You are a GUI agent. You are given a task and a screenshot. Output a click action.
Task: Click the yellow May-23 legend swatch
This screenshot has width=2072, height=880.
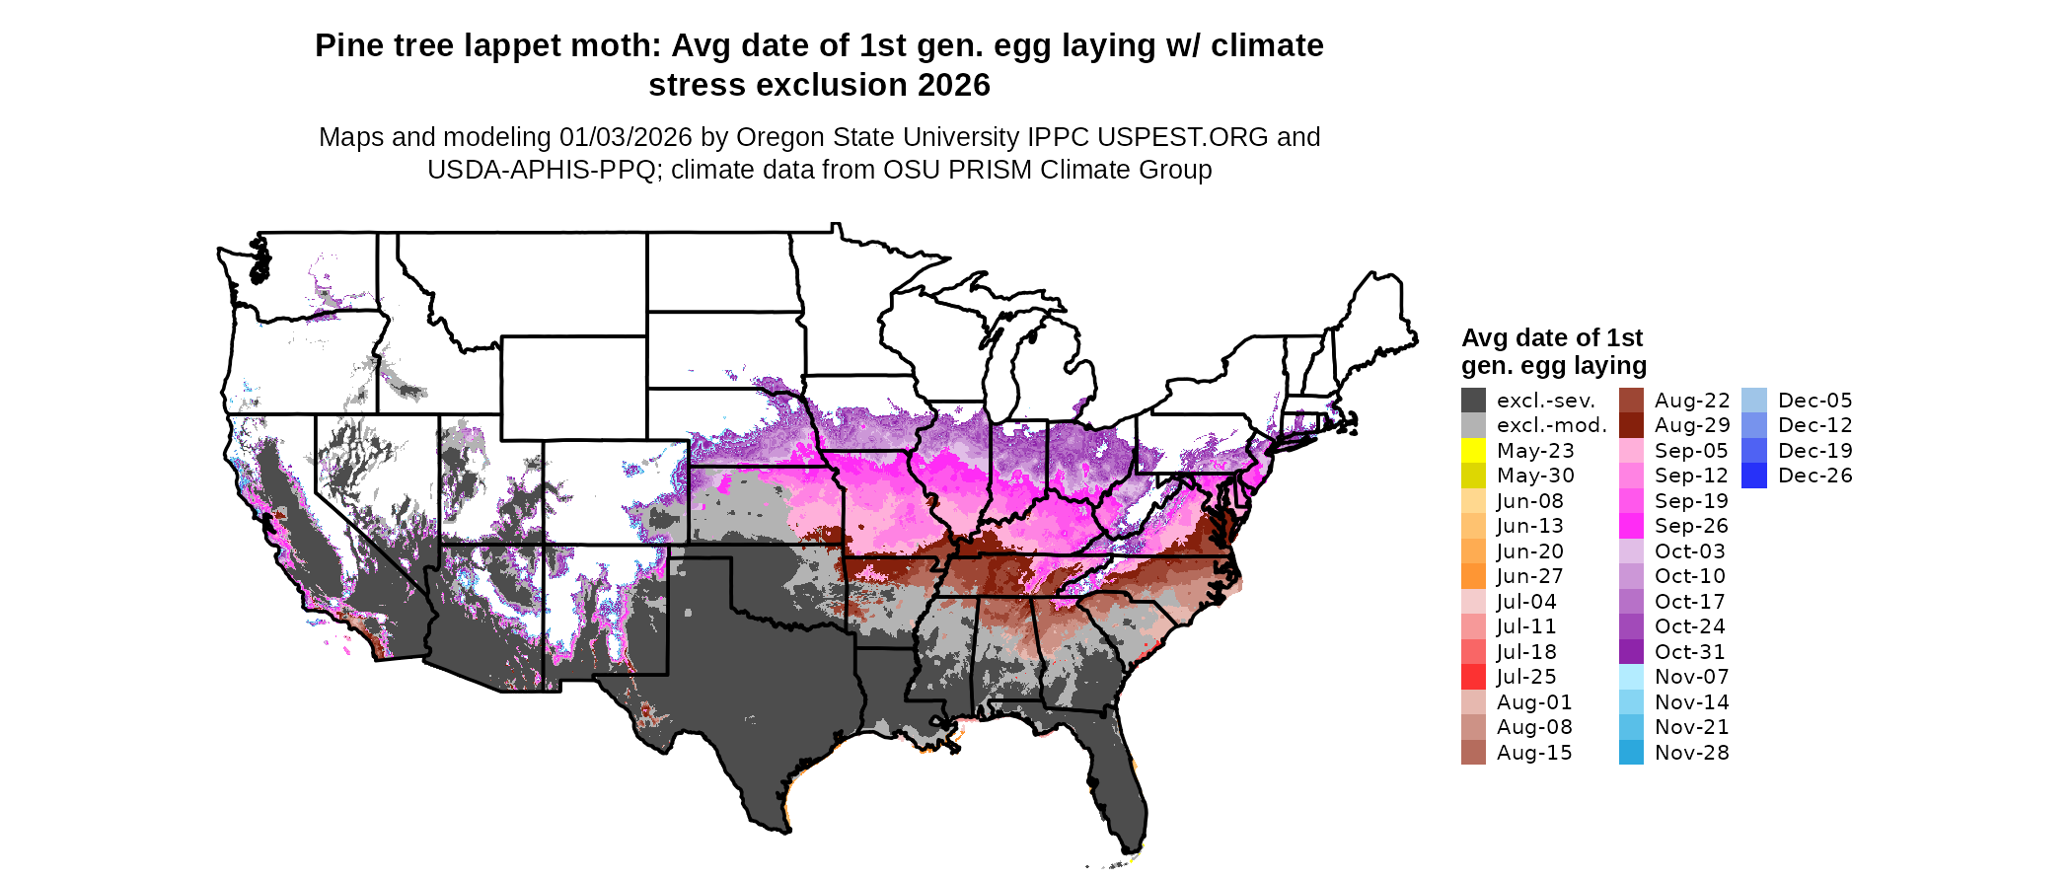[x=1473, y=451]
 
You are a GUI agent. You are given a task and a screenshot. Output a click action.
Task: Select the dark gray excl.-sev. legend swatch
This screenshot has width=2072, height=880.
[x=1473, y=401]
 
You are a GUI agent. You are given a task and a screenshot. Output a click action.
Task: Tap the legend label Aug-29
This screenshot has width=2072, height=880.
[x=1692, y=425]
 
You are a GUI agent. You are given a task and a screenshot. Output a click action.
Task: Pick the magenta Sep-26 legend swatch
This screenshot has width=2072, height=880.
[x=1631, y=526]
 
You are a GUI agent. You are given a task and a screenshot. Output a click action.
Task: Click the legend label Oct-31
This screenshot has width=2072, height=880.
[x=1689, y=652]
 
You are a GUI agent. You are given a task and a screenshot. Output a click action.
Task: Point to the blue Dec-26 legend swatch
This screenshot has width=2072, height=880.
[x=1754, y=476]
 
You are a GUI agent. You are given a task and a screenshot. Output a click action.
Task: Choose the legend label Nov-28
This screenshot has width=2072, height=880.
[x=1691, y=753]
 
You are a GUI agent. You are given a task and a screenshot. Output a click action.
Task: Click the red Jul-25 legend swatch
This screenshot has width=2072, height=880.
[x=1473, y=677]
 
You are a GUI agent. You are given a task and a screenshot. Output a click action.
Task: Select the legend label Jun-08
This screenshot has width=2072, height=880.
[x=1529, y=501]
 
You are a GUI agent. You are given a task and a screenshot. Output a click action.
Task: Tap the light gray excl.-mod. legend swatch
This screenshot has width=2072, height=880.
[x=1473, y=425]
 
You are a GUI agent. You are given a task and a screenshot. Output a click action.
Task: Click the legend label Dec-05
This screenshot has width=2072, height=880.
[x=1815, y=401]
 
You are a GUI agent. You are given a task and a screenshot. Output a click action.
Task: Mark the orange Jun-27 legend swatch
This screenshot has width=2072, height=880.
[x=1473, y=576]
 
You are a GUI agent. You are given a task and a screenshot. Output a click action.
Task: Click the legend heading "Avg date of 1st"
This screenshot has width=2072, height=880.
[x=1551, y=338]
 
